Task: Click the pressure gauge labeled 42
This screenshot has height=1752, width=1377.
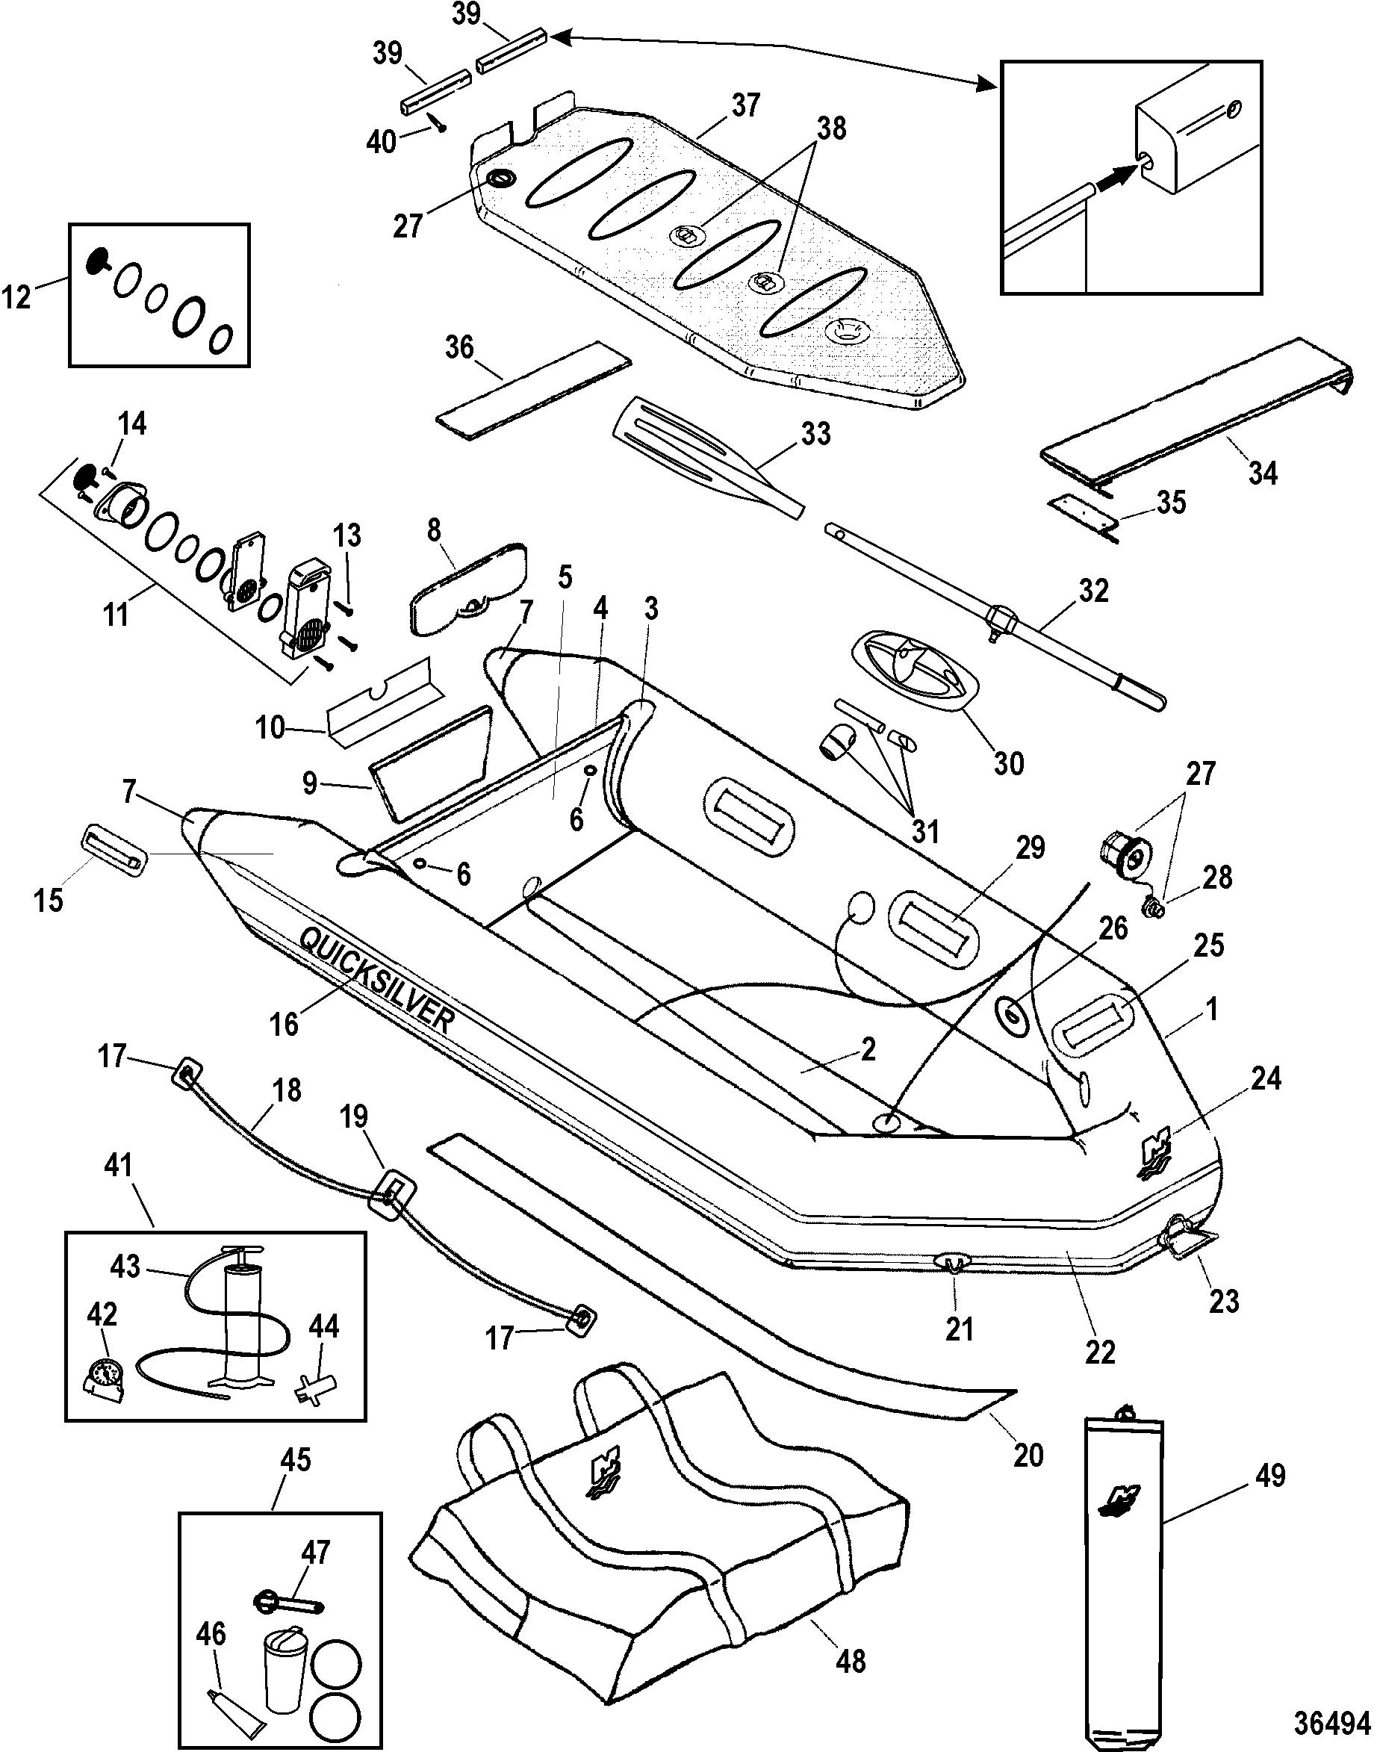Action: coord(105,1376)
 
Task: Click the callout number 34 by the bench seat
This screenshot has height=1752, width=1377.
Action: coord(1262,473)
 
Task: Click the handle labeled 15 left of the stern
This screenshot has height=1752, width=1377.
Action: coord(114,848)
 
